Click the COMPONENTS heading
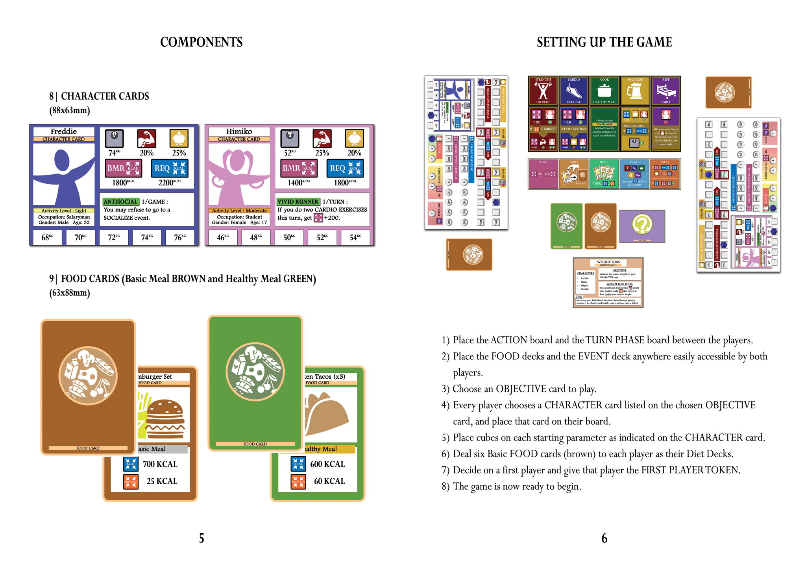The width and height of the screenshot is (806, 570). [x=201, y=42]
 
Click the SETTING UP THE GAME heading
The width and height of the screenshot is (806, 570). [x=604, y=42]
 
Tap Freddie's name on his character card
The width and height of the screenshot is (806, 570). [x=64, y=131]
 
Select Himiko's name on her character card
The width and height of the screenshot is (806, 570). [x=239, y=131]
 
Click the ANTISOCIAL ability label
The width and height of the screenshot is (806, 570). [x=120, y=202]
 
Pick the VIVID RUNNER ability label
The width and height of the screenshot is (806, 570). [x=298, y=202]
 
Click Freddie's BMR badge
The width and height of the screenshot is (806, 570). [x=123, y=168]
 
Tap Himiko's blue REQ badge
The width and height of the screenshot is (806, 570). [x=345, y=168]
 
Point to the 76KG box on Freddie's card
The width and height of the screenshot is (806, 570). [x=180, y=237]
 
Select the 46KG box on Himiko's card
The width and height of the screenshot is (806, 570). [x=223, y=237]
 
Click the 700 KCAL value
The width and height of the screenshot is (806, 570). [x=160, y=464]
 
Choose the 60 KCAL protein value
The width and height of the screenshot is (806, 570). [x=329, y=481]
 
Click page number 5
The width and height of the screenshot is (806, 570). [x=201, y=538]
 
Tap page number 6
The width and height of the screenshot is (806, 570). [x=604, y=538]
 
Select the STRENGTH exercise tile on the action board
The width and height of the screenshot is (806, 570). [x=543, y=91]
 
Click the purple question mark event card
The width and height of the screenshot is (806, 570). [x=642, y=226]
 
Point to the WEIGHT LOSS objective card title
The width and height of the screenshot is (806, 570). [x=608, y=262]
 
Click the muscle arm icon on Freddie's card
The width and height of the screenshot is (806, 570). [x=146, y=139]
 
